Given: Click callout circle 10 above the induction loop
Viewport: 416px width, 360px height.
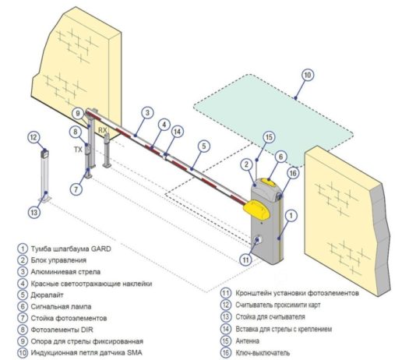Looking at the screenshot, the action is [x=307, y=75].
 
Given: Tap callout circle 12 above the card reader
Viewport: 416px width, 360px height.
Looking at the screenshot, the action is [x=33, y=137].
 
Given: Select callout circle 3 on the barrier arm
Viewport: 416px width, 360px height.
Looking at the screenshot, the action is [x=147, y=113].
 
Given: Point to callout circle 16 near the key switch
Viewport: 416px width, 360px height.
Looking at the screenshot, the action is [x=293, y=174].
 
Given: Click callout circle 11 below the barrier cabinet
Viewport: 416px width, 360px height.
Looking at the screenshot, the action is [x=246, y=259].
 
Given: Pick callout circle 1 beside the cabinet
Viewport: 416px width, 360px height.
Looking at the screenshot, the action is [x=291, y=215].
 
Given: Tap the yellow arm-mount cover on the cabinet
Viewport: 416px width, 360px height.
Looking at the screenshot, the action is [x=257, y=210].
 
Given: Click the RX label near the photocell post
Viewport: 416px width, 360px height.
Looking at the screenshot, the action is [x=102, y=130].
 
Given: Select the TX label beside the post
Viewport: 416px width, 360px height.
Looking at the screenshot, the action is [x=78, y=150].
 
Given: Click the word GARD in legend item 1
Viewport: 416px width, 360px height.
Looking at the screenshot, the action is [x=100, y=249].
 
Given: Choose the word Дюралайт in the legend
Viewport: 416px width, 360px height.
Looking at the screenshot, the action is [x=48, y=295].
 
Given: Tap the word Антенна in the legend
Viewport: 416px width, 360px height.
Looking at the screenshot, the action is [x=247, y=341].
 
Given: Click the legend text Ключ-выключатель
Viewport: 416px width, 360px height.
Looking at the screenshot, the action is [x=263, y=352].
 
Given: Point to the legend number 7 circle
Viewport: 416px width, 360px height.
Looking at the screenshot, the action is [x=23, y=318].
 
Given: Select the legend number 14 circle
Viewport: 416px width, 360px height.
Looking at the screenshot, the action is [x=225, y=329].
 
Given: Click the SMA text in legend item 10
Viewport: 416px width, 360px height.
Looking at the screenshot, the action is [x=135, y=352].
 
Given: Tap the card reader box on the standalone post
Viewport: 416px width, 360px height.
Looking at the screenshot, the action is [x=44, y=154].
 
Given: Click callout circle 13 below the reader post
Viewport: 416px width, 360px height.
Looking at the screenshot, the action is [x=34, y=213].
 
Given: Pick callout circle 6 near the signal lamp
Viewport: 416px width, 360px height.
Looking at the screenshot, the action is [x=281, y=157].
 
